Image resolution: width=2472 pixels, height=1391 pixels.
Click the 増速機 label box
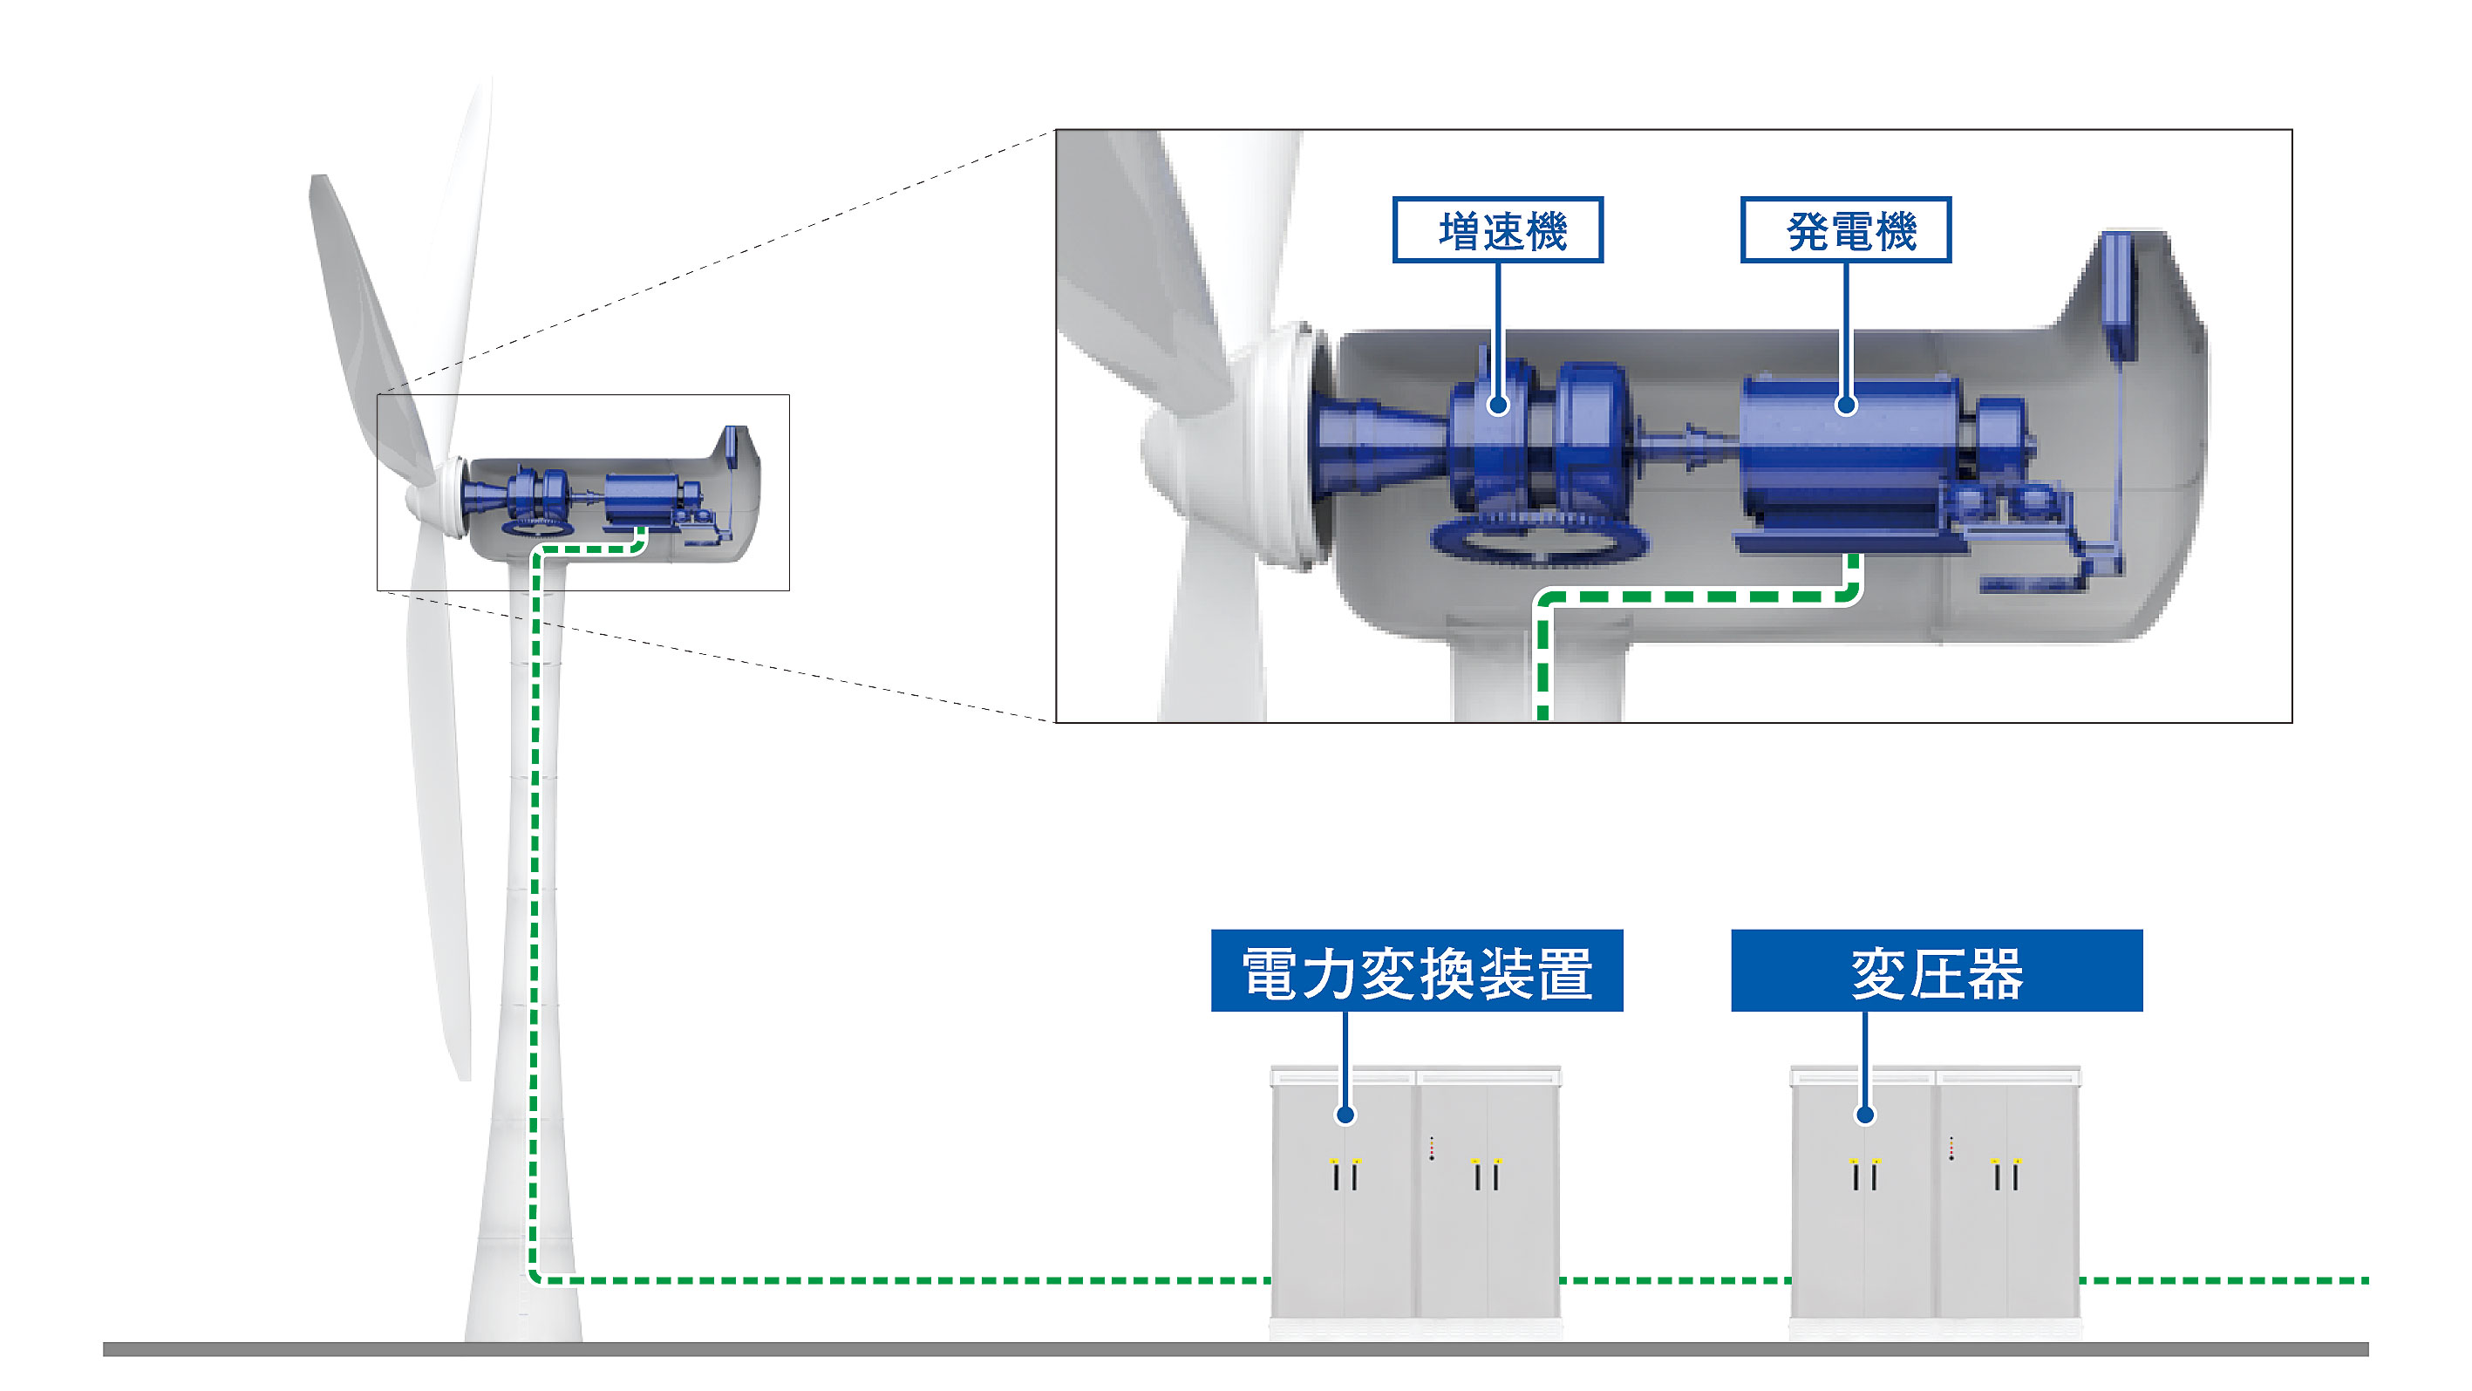[x=1497, y=230]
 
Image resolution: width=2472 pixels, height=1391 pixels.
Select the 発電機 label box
[x=1845, y=230]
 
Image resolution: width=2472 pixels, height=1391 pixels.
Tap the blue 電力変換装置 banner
[x=1416, y=971]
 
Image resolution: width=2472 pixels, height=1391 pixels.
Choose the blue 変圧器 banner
[x=1937, y=971]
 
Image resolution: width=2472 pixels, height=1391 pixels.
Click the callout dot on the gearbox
[x=1498, y=406]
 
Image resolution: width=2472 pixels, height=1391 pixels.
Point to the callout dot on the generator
[x=1845, y=406]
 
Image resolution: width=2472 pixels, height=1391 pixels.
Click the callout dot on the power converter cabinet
[x=1345, y=1115]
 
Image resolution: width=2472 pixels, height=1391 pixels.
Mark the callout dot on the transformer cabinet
[x=1864, y=1115]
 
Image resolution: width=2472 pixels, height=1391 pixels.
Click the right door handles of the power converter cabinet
[x=1487, y=1174]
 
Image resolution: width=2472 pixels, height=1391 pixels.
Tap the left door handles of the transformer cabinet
[x=1864, y=1174]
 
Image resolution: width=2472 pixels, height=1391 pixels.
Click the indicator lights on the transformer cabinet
[x=1951, y=1149]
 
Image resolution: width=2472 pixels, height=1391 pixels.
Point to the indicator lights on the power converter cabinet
[x=1432, y=1149]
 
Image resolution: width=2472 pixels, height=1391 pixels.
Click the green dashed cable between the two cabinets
[x=1674, y=1279]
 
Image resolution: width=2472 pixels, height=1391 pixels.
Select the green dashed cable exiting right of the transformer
[x=2226, y=1279]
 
